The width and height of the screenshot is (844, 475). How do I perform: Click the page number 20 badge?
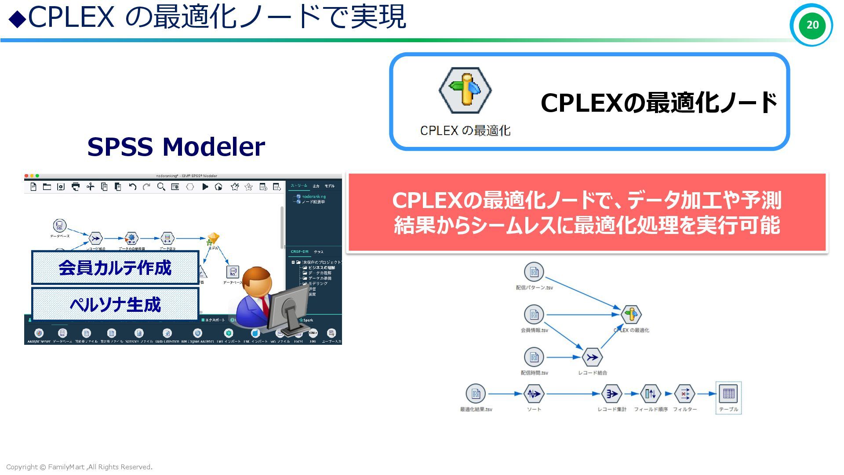(811, 25)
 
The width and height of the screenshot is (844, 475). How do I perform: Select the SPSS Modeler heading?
(176, 146)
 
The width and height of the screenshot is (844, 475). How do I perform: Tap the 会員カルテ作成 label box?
(115, 267)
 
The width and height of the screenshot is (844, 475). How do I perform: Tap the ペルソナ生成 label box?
(115, 304)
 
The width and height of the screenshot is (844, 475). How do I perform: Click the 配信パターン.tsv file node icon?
(534, 272)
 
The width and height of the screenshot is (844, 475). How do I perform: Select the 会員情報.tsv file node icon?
(534, 314)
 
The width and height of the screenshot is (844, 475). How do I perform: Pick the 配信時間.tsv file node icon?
(534, 357)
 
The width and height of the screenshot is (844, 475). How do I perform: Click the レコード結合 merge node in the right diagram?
(592, 357)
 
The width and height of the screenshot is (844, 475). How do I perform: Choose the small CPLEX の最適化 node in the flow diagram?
(631, 314)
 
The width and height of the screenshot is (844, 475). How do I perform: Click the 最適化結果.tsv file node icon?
(476, 394)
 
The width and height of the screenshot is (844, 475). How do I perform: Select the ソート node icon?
(534, 394)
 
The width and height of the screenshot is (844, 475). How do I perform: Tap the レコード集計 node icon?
(611, 394)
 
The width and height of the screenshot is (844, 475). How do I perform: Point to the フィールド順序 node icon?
(651, 394)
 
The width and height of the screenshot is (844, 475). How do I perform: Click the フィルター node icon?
(684, 394)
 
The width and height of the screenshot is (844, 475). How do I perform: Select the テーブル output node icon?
(728, 394)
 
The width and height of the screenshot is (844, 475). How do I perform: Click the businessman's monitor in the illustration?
(288, 308)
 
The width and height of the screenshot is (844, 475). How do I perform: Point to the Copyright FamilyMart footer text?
(79, 467)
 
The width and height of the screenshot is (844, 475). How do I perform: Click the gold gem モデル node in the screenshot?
(213, 239)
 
